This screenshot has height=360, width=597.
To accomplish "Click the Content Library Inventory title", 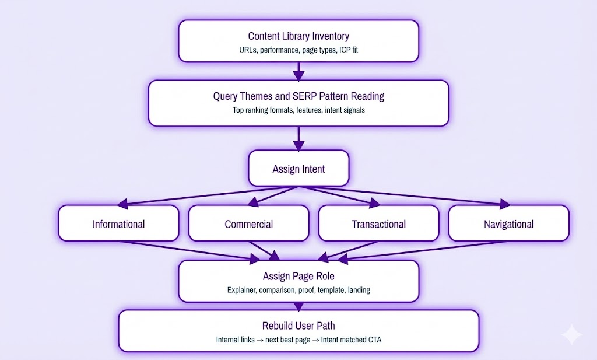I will click(x=298, y=36).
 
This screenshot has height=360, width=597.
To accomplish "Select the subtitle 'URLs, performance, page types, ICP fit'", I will click(x=298, y=50).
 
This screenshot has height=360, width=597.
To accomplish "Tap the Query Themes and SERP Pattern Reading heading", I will click(x=298, y=96).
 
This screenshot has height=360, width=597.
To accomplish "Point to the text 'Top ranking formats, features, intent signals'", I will click(x=298, y=110).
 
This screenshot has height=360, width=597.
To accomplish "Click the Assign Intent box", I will click(x=298, y=169).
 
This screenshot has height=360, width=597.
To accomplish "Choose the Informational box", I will click(x=118, y=224).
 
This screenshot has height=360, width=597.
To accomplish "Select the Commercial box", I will click(x=249, y=224).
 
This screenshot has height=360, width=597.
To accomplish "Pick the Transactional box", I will click(x=378, y=224).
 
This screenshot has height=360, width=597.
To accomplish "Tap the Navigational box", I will click(x=508, y=224).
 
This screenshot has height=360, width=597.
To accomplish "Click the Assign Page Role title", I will click(x=298, y=276).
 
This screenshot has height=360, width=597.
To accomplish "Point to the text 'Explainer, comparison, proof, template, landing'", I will click(x=298, y=290).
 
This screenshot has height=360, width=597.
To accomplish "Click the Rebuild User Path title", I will click(x=298, y=326).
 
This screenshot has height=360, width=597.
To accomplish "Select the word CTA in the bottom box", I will click(x=374, y=340).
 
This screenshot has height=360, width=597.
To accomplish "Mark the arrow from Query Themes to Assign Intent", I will click(x=298, y=139).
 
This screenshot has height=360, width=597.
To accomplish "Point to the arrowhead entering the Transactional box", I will click(x=373, y=202).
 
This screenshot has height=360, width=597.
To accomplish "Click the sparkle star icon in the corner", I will click(x=571, y=335).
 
